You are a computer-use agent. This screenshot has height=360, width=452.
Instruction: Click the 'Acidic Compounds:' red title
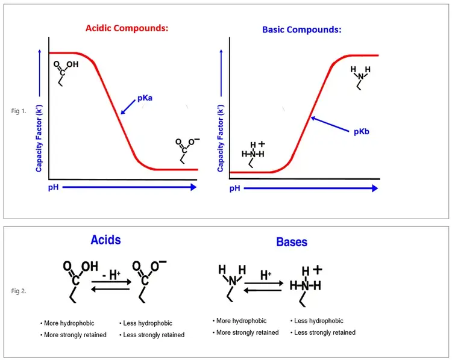click(x=127, y=28)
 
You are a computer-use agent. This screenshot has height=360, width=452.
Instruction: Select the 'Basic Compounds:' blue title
click(x=302, y=29)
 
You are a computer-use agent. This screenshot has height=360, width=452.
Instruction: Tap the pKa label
click(x=145, y=98)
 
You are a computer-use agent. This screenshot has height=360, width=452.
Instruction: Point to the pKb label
click(x=362, y=132)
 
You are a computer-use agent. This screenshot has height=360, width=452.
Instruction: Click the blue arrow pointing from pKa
click(x=128, y=107)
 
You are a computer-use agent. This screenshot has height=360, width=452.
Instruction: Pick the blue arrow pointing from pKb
click(x=330, y=124)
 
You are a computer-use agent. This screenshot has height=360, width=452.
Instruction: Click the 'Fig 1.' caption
click(x=19, y=111)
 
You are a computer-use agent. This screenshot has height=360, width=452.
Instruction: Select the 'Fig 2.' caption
click(x=19, y=291)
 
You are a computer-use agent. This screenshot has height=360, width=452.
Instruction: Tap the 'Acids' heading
click(x=106, y=240)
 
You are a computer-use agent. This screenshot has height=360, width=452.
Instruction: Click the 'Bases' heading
click(x=292, y=242)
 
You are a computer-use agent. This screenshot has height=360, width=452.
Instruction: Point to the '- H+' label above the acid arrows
click(x=111, y=275)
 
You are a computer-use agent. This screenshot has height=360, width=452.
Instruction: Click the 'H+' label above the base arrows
click(x=266, y=275)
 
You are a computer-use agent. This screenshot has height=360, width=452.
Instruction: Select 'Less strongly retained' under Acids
click(x=152, y=335)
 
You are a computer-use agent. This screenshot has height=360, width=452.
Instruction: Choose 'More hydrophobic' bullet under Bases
click(x=239, y=321)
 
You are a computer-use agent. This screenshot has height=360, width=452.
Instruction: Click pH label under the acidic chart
click(x=53, y=187)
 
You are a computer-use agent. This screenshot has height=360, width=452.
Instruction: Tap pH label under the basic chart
click(x=235, y=188)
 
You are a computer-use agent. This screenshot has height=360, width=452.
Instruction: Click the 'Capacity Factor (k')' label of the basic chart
click(x=220, y=138)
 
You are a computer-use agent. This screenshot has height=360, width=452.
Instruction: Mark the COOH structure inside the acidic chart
click(x=66, y=73)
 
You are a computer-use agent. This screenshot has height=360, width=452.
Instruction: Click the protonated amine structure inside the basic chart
click(x=253, y=154)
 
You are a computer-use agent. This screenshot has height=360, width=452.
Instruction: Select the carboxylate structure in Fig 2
click(x=149, y=281)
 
